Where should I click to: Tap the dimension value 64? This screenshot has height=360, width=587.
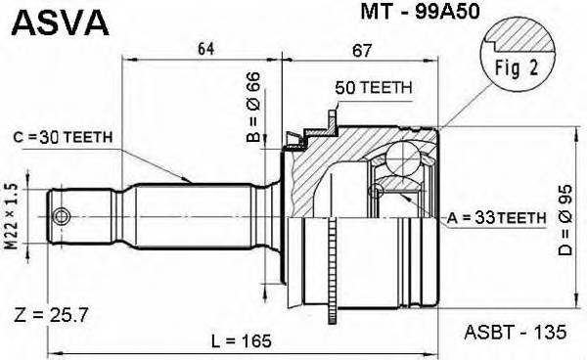coord(203,48)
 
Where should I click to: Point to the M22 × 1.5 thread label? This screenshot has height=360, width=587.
coord(14,217)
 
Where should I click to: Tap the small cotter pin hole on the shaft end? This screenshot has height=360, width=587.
coord(62,216)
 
